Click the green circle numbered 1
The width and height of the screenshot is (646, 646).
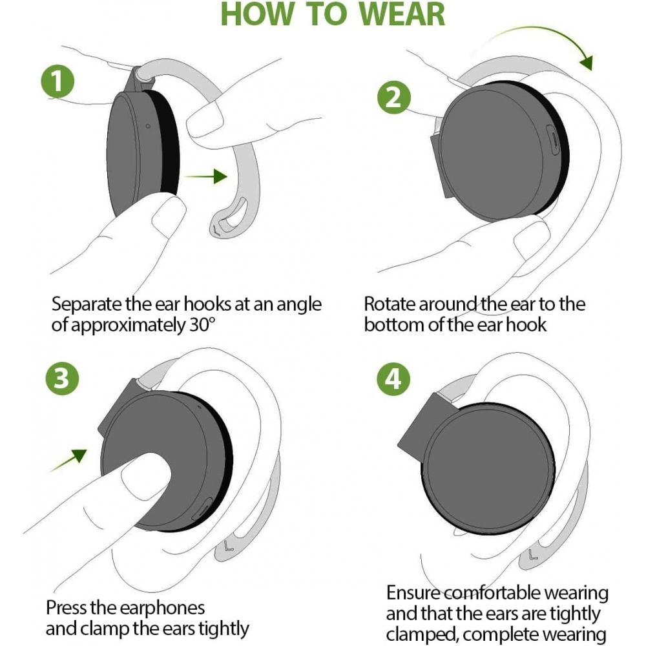(x=57, y=81)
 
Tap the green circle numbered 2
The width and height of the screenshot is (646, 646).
(x=394, y=98)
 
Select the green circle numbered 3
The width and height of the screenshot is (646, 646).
(x=62, y=378)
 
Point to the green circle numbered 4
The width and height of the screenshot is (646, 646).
(x=393, y=379)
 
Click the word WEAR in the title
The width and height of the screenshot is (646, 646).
(x=402, y=14)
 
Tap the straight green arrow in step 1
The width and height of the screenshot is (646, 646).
(x=206, y=176)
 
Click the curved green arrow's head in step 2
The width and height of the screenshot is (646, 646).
(x=587, y=63)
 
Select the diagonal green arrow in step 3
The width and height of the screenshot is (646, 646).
(x=69, y=460)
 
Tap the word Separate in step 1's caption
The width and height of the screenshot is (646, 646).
(x=87, y=305)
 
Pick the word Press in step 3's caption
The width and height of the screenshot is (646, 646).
(x=66, y=608)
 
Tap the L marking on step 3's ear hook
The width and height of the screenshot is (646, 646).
(x=229, y=547)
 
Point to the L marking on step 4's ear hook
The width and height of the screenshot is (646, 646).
(x=533, y=555)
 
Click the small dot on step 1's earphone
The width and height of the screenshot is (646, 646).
(x=149, y=126)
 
